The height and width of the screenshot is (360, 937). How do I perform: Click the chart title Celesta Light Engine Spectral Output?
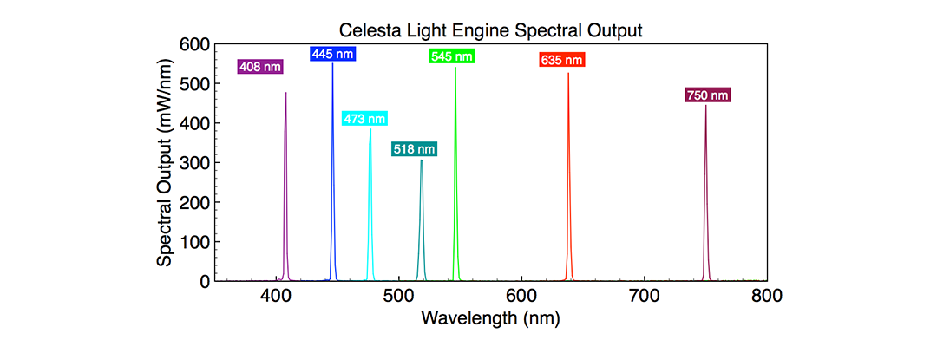pos(490,31)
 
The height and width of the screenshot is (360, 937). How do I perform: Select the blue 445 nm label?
pos(332,54)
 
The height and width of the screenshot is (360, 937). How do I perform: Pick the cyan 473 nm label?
pos(364,119)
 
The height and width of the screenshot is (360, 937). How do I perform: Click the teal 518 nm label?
pos(414,149)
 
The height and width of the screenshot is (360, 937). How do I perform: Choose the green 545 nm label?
pos(452,56)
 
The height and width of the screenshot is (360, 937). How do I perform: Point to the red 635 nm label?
pos(561,61)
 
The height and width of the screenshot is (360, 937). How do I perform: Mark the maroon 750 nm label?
pos(708,95)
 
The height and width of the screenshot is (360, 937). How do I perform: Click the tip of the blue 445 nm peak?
pos(332,64)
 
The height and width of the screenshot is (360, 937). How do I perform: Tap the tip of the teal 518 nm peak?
pos(422,160)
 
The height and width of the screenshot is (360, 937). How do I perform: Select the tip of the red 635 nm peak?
pos(568,74)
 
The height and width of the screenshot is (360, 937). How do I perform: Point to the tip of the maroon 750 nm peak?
pos(705,106)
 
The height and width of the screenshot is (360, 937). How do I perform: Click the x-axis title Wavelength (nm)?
pos(490,318)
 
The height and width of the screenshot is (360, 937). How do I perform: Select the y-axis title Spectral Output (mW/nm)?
pos(164,162)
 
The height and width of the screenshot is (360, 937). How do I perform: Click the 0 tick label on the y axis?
pos(205,281)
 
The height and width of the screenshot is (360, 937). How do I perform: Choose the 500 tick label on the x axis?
pos(398,297)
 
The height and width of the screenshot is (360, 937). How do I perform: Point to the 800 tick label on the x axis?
pos(766,297)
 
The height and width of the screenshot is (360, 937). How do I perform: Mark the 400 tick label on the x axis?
pos(276,297)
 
